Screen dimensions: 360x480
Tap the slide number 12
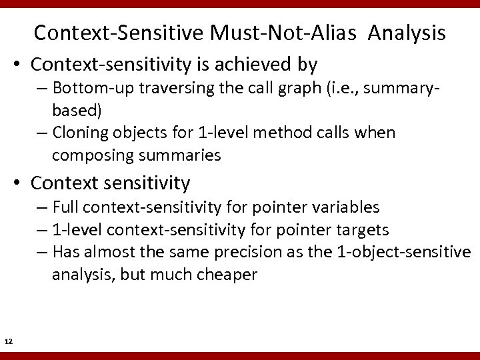(x=9, y=342)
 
